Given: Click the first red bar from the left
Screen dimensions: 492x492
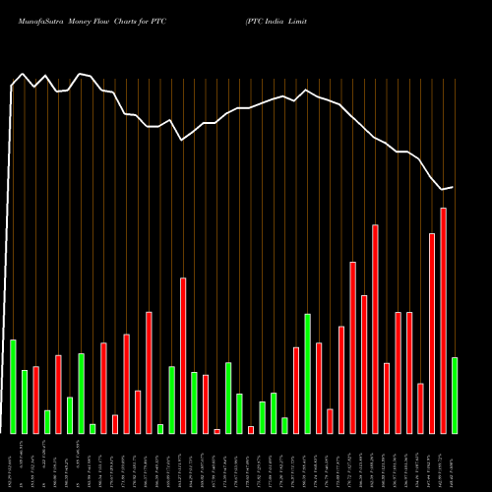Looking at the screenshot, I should point(35,400).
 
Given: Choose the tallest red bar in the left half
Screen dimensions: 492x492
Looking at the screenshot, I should point(183,355).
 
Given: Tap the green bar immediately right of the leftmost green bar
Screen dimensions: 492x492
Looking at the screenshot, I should point(25,401).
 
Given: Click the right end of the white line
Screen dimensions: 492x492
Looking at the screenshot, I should point(454,187).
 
